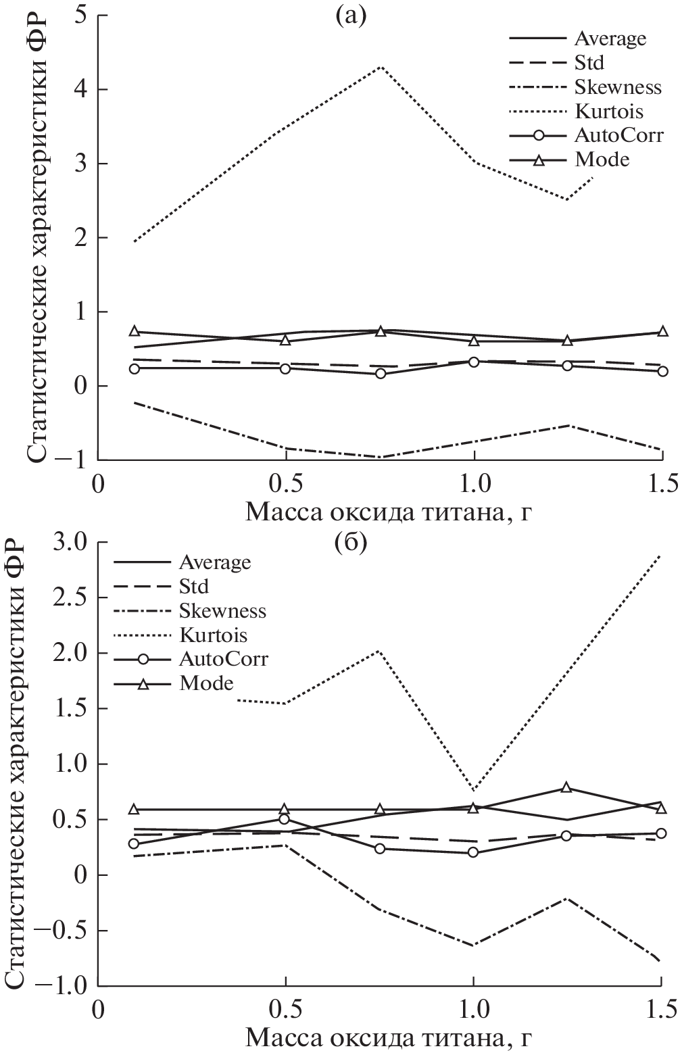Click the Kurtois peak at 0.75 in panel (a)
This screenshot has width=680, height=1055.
381,67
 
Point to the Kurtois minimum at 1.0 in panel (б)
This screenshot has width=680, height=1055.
474,790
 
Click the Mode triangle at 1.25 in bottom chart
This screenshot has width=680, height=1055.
566,788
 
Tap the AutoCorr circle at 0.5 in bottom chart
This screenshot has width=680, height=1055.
285,820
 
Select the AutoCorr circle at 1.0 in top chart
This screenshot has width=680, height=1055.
474,362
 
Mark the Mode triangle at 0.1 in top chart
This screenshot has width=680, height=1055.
135,332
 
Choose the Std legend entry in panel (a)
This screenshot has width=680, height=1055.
589,63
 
